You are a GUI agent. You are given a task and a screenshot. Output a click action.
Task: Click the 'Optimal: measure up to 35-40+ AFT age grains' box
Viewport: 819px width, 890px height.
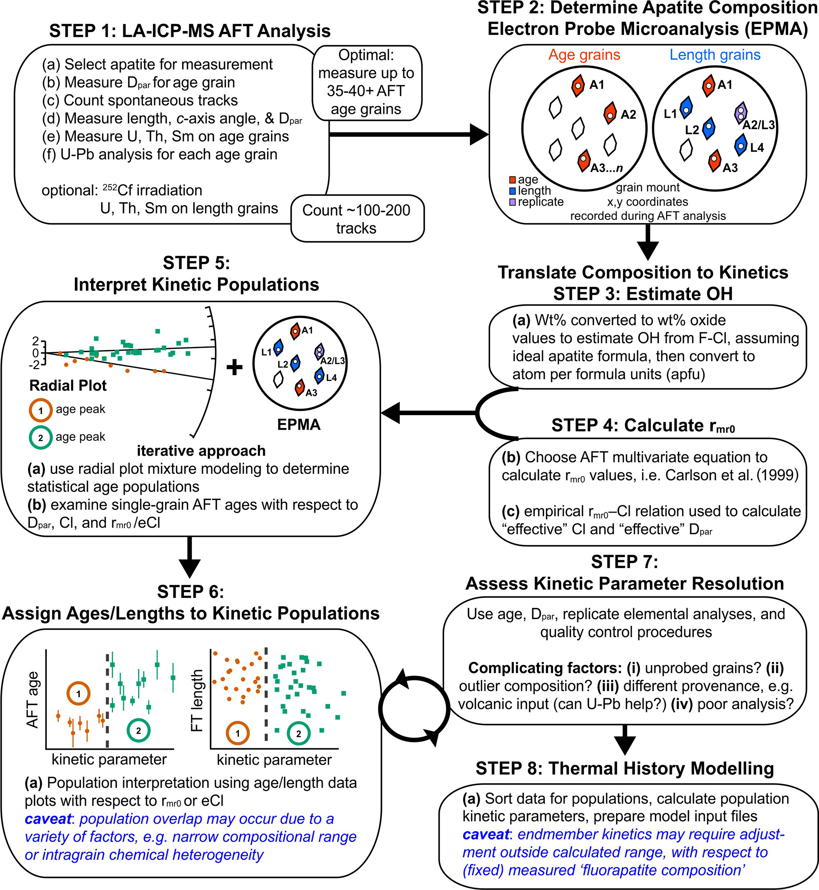(367, 82)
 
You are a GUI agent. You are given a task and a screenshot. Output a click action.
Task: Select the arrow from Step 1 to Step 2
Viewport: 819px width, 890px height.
(408, 134)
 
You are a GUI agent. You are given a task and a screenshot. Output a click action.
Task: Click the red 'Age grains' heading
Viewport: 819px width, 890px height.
(584, 55)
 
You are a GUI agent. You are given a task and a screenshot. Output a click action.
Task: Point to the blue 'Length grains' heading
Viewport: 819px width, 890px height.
(715, 55)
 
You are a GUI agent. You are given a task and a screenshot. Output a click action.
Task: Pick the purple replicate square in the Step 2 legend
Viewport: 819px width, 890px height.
(513, 202)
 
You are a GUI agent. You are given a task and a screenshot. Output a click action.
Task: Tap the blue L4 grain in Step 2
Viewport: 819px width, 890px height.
(741, 145)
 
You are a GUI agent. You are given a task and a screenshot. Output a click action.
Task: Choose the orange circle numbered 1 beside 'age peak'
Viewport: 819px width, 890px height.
(41, 410)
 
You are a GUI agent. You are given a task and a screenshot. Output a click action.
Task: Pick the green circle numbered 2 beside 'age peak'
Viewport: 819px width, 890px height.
(41, 438)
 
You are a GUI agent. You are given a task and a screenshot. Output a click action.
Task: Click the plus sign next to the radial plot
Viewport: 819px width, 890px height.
(235, 367)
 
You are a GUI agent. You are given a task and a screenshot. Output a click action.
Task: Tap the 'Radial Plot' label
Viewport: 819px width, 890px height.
(68, 385)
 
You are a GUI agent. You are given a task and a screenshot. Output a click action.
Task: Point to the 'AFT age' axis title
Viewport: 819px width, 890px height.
(33, 700)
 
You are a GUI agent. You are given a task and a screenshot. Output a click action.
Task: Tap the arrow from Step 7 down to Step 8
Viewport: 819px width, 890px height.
(625, 739)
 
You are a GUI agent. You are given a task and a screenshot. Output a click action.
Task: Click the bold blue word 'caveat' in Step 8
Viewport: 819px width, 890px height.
(486, 835)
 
